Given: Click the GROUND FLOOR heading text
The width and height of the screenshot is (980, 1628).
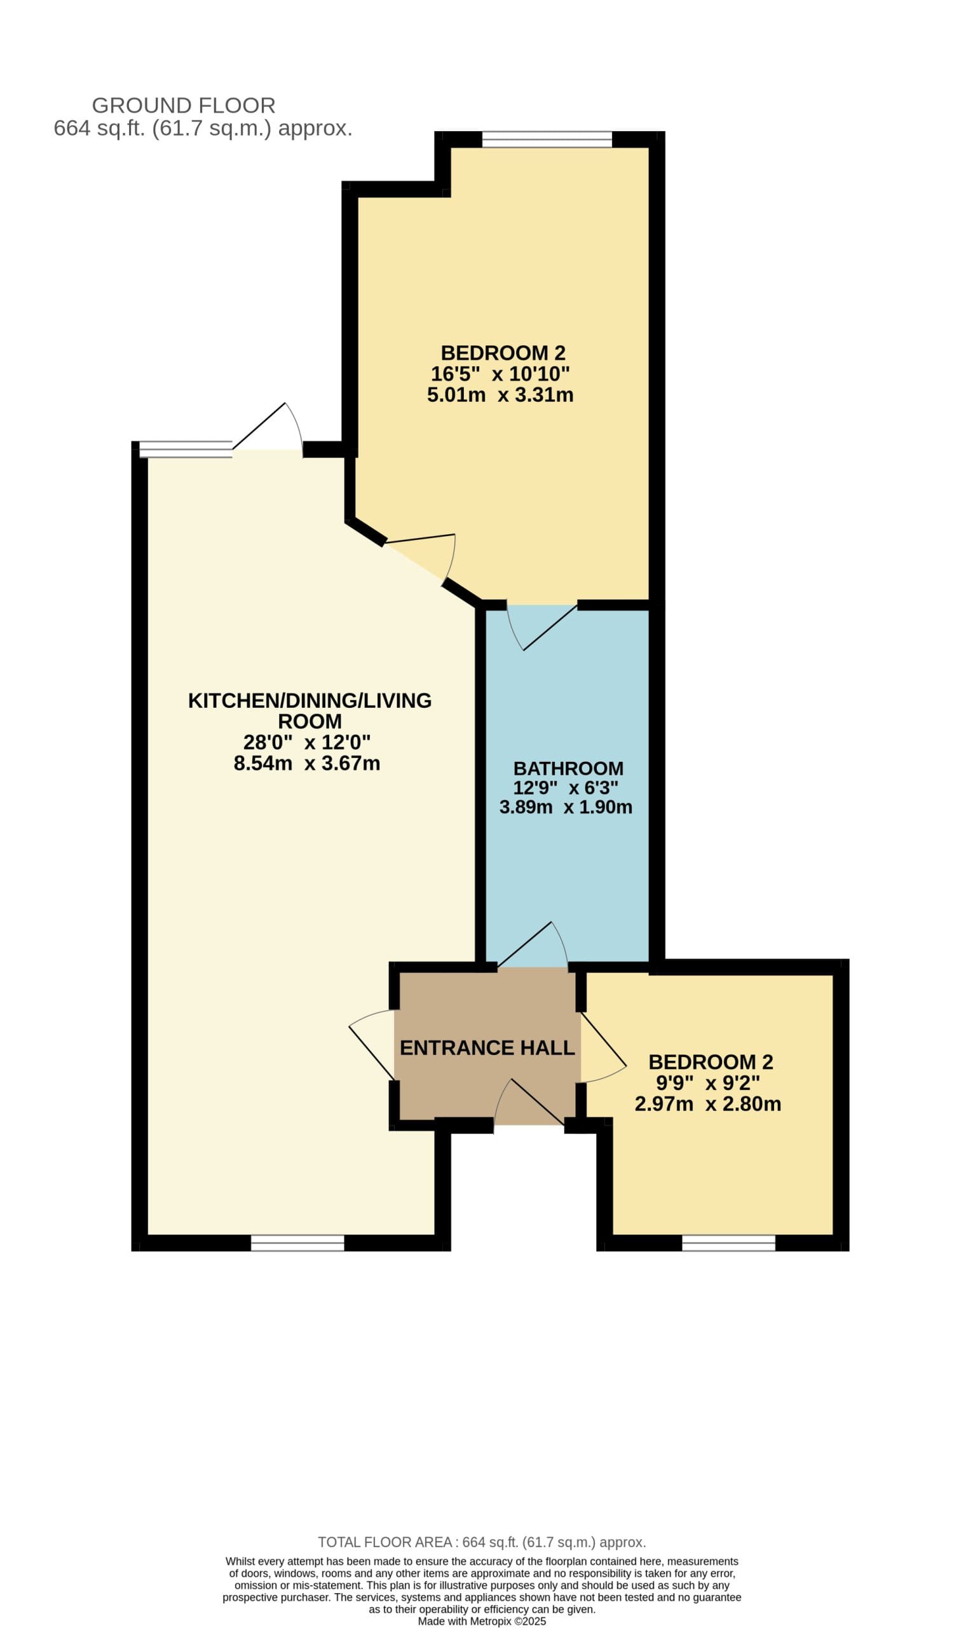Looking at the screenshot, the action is point(184,106).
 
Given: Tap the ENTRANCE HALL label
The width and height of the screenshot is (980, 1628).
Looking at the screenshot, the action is point(487,1048).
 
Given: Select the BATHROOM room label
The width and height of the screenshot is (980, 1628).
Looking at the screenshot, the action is point(569,768).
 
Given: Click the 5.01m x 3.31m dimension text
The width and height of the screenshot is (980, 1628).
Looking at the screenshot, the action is point(500,395).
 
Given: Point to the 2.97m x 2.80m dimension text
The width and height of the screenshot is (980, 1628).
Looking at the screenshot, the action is point(708,1104).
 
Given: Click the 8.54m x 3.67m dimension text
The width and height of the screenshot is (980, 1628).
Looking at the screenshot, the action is point(307,763).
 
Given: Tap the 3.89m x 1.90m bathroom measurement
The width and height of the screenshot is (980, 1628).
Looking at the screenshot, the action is point(566,807).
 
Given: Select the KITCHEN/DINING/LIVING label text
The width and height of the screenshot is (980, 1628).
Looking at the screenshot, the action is point(310,700).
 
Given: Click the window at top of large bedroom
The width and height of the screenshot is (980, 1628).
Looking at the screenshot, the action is point(547,139).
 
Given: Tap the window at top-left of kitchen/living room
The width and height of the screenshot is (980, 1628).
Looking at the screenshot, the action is point(186,449).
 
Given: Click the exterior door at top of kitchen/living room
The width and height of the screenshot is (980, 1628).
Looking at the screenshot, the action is point(268,429).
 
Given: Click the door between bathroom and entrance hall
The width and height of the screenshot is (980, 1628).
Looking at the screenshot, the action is point(531,945).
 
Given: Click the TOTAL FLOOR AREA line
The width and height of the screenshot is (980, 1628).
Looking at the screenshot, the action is point(482,1542).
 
